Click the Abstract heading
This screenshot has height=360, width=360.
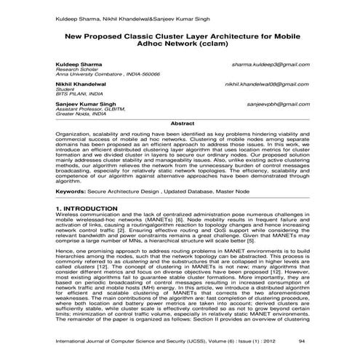[x=181, y=124]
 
